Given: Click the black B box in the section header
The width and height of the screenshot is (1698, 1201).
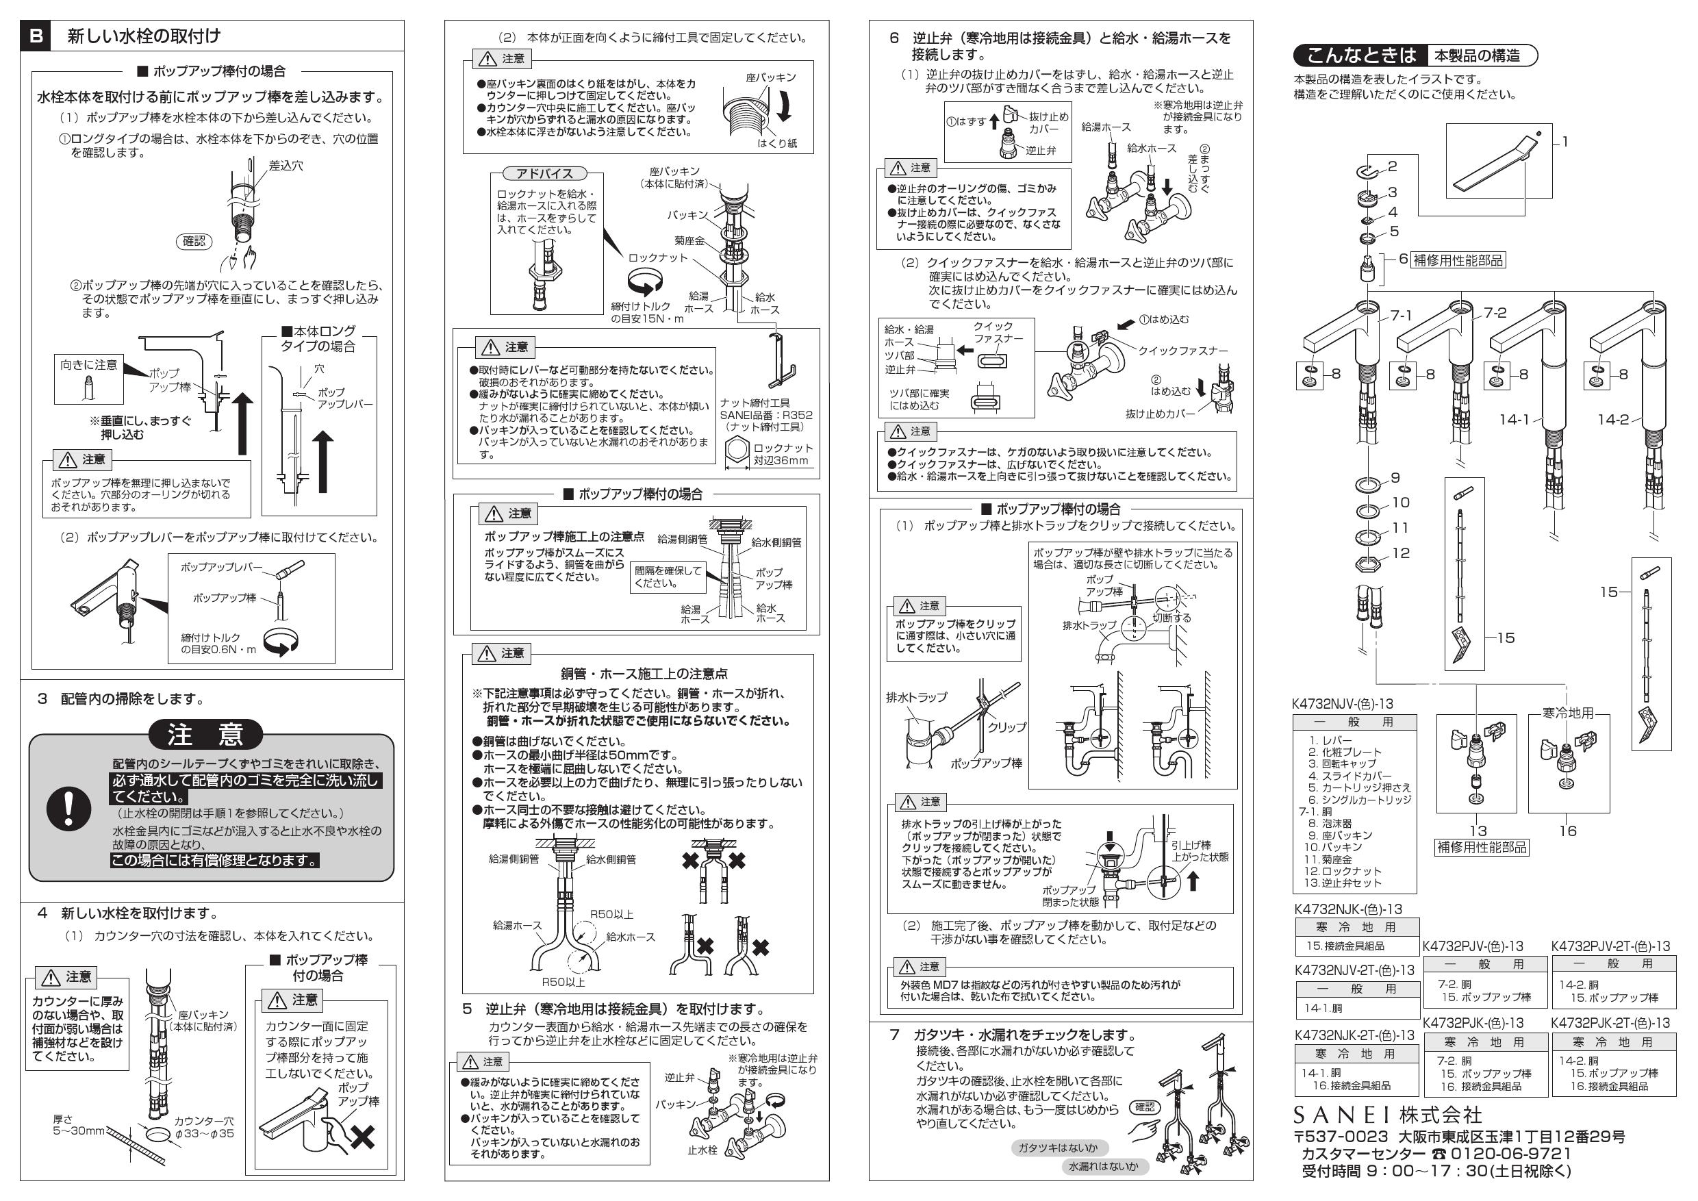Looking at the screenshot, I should [36, 36].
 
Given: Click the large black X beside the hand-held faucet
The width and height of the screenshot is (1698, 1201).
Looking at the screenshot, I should [362, 1137].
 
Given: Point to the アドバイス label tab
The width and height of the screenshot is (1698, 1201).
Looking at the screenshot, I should [545, 173].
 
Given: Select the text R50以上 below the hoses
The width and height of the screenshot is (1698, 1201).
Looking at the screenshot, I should [563, 982].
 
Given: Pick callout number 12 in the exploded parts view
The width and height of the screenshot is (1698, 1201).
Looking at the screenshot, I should [1401, 553].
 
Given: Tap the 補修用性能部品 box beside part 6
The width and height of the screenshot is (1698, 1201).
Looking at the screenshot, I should [1458, 260].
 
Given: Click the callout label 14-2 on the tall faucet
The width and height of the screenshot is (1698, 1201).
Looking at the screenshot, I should [1613, 419].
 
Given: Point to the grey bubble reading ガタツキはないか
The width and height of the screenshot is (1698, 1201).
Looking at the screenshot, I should [1058, 1147].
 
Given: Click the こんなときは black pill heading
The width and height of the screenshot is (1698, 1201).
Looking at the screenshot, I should [1360, 55].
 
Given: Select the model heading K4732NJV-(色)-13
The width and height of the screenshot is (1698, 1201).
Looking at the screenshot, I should [1342, 704].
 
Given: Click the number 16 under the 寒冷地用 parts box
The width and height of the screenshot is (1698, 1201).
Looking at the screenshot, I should [1568, 831].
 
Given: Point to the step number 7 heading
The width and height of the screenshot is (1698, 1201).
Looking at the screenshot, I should [894, 1035].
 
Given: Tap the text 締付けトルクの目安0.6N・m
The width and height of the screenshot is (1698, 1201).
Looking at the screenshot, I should [218, 644].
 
